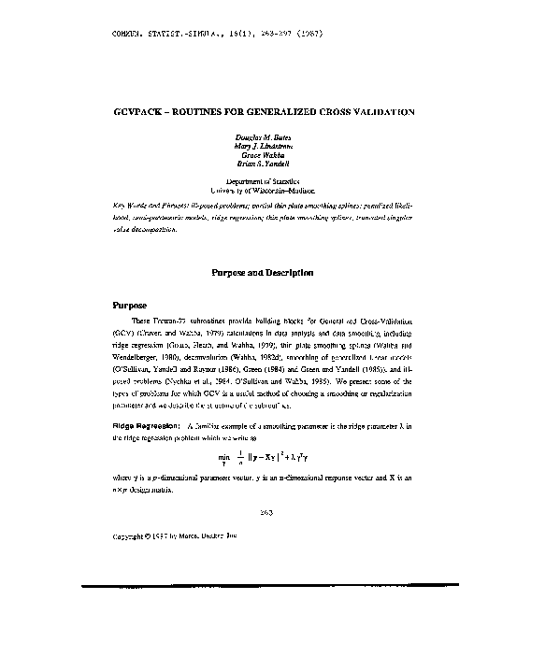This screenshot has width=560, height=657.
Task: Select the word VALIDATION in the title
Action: tap(381, 111)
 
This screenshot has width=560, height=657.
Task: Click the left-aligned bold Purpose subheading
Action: tap(130, 306)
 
